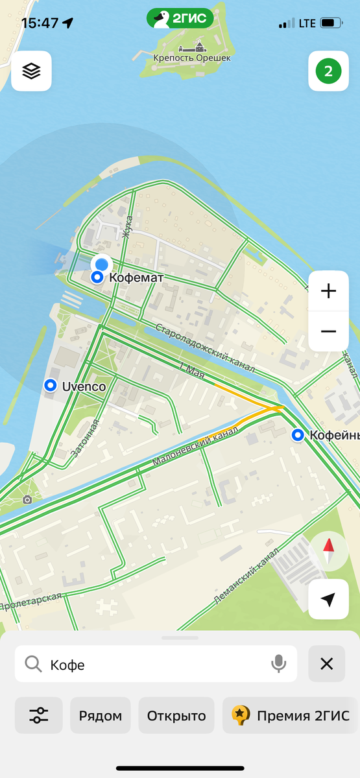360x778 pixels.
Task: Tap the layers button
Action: click(31, 71)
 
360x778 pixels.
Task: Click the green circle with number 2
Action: click(328, 71)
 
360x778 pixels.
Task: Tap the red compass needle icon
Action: click(328, 551)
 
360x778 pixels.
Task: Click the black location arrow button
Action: click(328, 600)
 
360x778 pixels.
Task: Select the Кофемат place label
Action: click(136, 277)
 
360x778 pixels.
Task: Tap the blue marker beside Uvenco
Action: click(51, 386)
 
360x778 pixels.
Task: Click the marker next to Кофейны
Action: click(298, 434)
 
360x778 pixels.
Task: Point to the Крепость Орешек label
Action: click(192, 58)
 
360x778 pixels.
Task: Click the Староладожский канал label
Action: click(205, 348)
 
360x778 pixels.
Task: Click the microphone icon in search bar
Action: click(278, 663)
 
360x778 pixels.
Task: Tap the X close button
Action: click(326, 663)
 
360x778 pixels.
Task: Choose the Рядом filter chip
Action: click(101, 715)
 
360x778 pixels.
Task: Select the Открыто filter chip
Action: click(176, 715)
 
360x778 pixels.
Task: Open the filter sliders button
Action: click(39, 715)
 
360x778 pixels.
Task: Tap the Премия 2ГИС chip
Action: click(291, 715)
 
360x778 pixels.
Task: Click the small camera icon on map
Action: click(27, 499)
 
